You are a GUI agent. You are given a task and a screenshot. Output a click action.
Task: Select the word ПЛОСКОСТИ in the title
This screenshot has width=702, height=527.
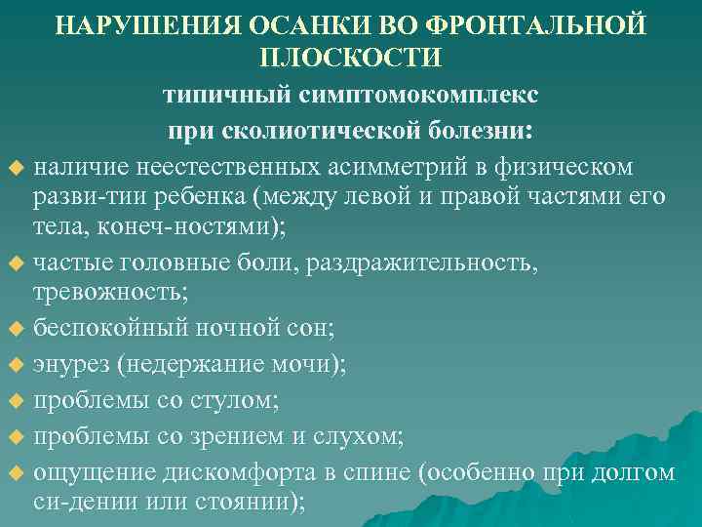[351, 57]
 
